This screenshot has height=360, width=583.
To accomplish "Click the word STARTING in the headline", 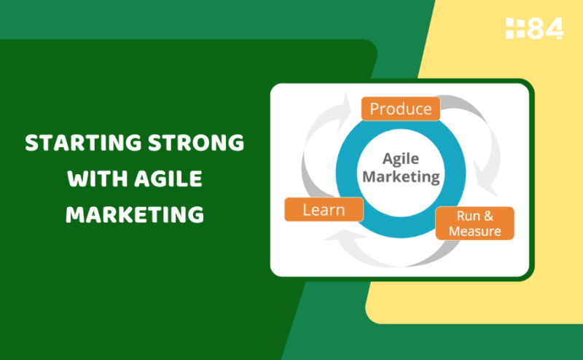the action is point(84,143).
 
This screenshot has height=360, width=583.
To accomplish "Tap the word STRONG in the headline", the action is point(196,143).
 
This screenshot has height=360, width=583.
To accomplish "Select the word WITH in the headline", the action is point(98,179).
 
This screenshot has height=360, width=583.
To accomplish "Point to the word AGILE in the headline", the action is point(168,179).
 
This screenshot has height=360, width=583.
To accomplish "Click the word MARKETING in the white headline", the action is point(135,214).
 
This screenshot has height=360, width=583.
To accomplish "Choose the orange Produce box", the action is point(401,109).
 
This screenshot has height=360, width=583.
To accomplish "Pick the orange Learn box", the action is point(324,210).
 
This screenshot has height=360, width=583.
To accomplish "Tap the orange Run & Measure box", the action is point(475,223).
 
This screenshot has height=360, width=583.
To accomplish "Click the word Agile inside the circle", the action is point(401,159).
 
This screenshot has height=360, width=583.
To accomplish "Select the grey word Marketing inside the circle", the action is point(401,176).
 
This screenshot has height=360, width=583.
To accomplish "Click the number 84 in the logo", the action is point(546,28).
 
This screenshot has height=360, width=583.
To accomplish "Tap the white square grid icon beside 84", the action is point(515,28).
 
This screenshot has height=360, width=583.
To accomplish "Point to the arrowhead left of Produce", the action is point(344,111).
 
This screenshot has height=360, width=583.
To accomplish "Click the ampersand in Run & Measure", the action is point(488,216).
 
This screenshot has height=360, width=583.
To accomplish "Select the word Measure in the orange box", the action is point(475,231).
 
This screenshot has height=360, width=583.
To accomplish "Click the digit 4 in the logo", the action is point(555,28).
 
